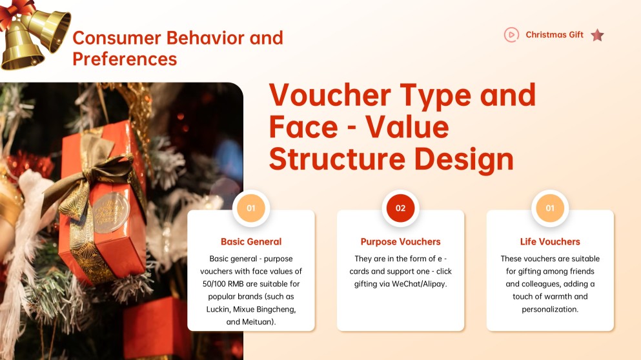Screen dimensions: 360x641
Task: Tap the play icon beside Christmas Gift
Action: click(511, 35)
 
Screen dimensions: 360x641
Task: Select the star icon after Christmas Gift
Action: click(597, 35)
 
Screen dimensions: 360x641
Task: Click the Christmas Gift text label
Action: click(554, 35)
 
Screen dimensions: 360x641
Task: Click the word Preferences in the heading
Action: click(125, 59)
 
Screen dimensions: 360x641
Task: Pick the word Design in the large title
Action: click(468, 159)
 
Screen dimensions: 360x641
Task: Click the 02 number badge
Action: click(400, 208)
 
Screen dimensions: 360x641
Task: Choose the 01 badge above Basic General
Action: click(251, 208)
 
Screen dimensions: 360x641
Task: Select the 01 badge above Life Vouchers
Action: click(550, 208)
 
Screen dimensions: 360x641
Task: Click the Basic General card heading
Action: click(251, 242)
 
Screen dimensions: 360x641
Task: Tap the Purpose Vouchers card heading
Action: click(400, 242)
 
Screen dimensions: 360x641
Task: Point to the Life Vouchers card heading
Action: click(550, 242)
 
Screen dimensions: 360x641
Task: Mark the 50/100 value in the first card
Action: click(216, 284)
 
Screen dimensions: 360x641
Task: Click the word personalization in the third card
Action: click(550, 309)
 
